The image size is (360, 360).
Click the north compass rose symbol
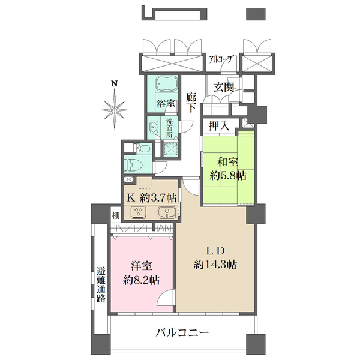point(114,109)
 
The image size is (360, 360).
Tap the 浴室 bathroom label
point(166,103)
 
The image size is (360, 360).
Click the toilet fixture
point(131,163)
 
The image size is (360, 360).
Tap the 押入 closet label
point(218,125)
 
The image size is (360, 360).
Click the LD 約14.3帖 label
point(215,257)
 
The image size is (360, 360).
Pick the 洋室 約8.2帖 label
point(142,272)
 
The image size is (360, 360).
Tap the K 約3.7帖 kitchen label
point(151,197)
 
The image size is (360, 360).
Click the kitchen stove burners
point(137,212)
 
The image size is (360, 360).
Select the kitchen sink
point(165,212)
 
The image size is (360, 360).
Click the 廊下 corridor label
point(191,103)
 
